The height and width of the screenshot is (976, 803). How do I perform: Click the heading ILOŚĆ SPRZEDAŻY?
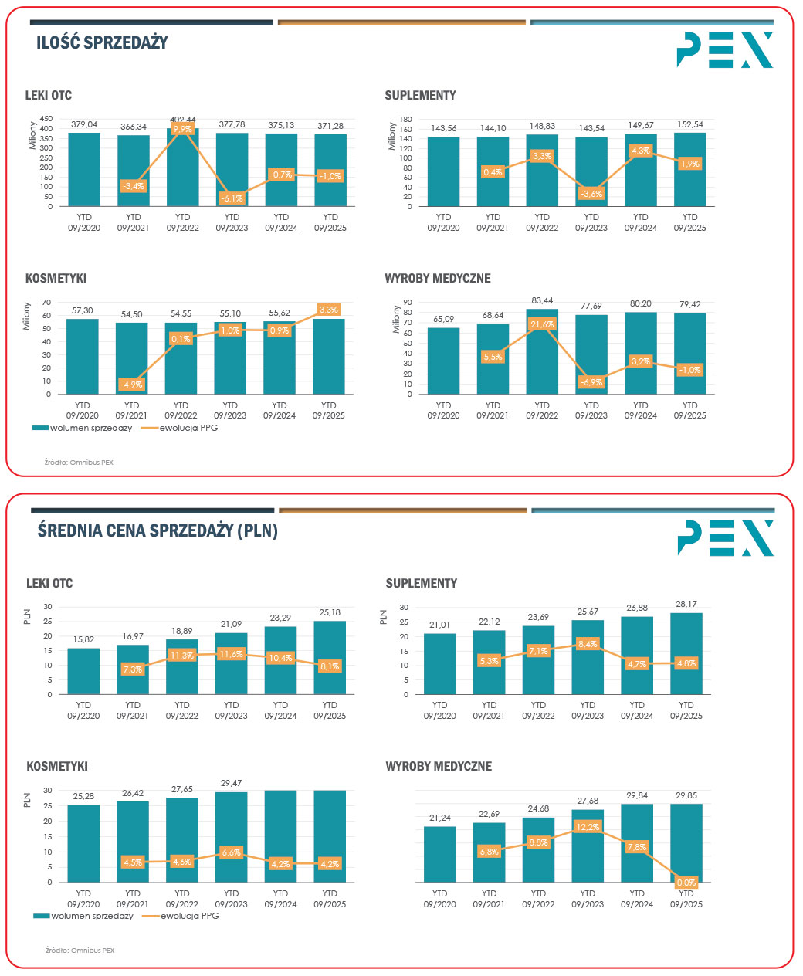102,42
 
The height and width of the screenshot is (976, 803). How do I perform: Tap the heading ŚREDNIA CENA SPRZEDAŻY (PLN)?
158,530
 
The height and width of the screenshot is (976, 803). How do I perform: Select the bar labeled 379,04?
84,169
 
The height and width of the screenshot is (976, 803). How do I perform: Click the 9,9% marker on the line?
182,129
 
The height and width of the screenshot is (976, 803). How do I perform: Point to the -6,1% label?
232,198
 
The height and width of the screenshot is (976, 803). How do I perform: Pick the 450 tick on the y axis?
46,119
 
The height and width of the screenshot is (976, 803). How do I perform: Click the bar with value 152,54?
689,169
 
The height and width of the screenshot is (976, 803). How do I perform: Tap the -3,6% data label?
591,194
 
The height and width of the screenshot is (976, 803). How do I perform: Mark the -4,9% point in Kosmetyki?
132,385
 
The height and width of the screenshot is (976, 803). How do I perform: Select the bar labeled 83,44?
542,351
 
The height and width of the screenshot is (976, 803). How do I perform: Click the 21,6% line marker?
542,324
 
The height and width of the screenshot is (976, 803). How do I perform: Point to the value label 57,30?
82,310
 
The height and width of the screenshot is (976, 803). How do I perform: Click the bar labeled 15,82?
83,671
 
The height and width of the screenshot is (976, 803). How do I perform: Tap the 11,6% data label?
231,654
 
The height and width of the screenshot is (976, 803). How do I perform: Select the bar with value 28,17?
686,653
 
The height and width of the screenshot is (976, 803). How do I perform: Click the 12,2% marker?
588,827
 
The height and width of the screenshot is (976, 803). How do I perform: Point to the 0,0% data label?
686,882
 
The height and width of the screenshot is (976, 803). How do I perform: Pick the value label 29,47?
231,783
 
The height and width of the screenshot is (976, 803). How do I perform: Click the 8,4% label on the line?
588,643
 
